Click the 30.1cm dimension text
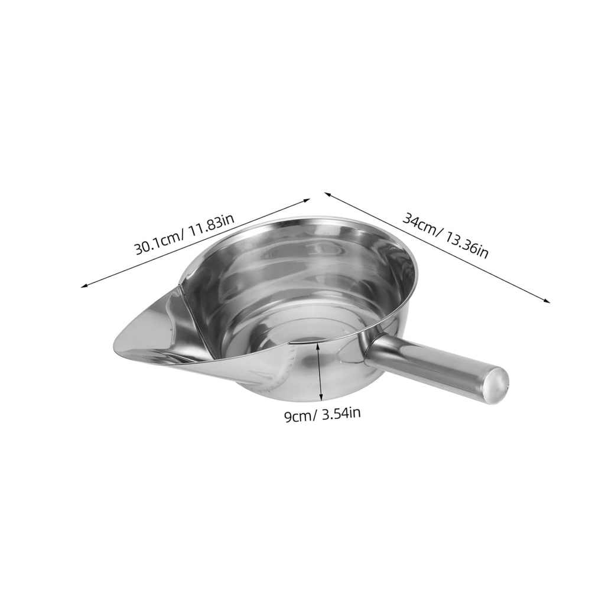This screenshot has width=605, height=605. pyautogui.click(x=157, y=242)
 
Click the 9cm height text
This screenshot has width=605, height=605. pyautogui.click(x=298, y=416)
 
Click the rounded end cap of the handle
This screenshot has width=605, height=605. pyautogui.click(x=495, y=383)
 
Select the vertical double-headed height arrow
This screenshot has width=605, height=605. pyautogui.click(x=320, y=372)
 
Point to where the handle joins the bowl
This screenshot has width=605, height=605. pyautogui.click(x=369, y=349)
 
